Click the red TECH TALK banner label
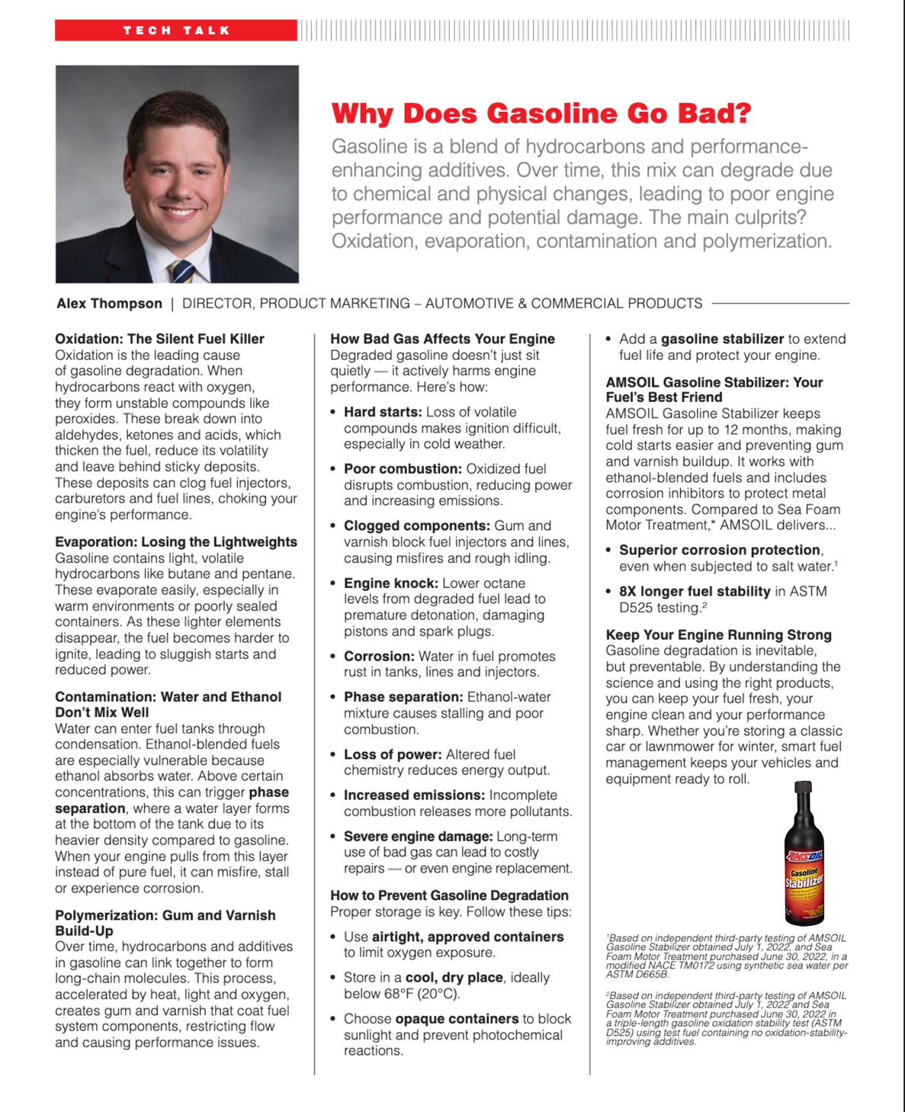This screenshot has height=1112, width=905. tap(176, 31)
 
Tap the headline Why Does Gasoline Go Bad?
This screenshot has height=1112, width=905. tap(541, 114)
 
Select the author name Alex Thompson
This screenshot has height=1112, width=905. tap(109, 304)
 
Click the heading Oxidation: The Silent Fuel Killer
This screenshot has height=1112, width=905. tap(159, 339)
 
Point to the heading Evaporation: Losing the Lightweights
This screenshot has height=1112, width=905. tap(176, 542)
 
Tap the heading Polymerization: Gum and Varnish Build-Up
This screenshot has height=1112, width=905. tap(165, 923)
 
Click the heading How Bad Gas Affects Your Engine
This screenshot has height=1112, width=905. tap(442, 339)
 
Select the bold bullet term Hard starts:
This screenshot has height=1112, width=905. tap(382, 412)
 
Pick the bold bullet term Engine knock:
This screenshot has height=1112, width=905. tap(390, 583)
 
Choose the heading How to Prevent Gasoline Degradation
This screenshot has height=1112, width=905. tap(449, 895)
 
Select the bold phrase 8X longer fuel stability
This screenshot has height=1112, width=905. tap(695, 591)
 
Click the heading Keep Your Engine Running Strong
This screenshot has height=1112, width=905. tap(718, 635)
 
